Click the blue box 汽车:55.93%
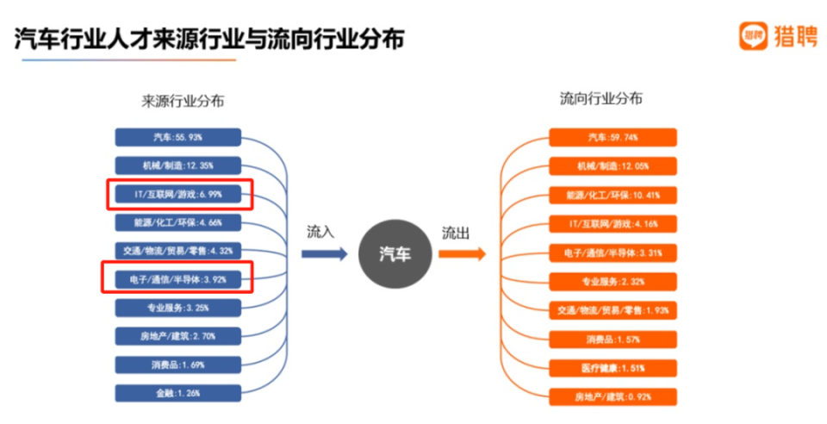tap(177, 138)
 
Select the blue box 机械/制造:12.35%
tap(177, 165)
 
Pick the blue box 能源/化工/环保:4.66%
tap(177, 222)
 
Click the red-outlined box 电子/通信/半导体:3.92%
tap(178, 278)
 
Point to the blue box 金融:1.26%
tap(177, 393)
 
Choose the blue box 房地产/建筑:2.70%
tap(177, 336)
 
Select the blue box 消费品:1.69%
tap(177, 365)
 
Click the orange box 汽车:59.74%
tap(612, 137)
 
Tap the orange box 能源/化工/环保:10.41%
tap(612, 195)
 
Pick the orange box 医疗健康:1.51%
tap(612, 369)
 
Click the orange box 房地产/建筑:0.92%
tap(612, 397)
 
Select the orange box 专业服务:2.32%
tap(612, 281)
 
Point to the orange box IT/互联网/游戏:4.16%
tap(612, 224)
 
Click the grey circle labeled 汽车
tap(395, 254)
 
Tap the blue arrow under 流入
tap(323, 254)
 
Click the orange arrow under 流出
tap(462, 254)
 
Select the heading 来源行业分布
tap(183, 101)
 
